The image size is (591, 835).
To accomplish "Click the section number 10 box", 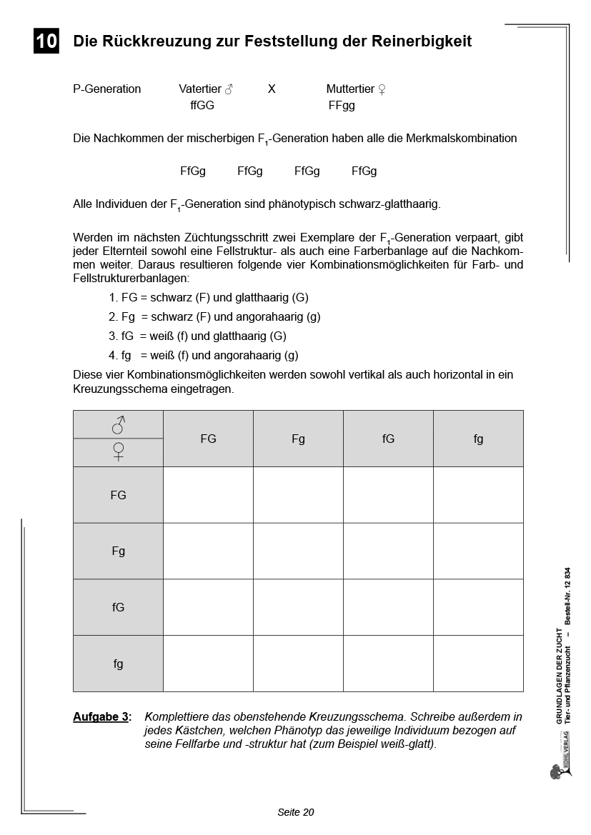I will click(46, 41).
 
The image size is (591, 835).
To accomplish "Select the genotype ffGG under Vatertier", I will click(202, 106).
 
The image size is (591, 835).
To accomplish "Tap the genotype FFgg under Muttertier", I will click(342, 106).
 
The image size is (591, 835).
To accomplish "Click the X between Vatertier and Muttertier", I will click(272, 89).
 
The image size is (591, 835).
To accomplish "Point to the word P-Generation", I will click(107, 89).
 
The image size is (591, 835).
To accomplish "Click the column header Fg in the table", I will click(298, 439).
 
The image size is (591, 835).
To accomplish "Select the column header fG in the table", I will click(388, 439).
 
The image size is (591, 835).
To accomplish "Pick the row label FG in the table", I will click(118, 495).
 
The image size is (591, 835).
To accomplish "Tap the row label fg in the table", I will click(118, 664).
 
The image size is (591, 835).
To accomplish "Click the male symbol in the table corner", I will click(119, 425).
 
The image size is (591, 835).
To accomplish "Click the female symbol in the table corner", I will click(119, 451).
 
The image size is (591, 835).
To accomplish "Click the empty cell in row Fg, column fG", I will click(388, 551).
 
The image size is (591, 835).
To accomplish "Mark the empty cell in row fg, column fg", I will click(478, 664).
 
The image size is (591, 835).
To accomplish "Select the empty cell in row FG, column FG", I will click(208, 495).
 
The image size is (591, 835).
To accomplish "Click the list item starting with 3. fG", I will click(197, 336).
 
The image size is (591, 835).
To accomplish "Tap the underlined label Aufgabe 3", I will click(102, 716).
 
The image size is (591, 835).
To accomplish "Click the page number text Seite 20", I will click(296, 812).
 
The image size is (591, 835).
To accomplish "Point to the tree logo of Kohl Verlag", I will click(555, 772).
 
